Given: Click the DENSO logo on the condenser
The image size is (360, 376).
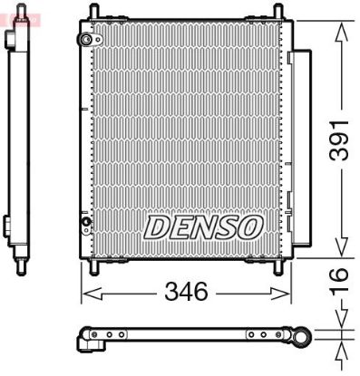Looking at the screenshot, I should click(x=202, y=226).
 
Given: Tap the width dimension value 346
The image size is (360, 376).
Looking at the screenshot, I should click(x=187, y=292).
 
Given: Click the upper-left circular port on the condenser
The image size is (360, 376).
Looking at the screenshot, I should click(x=87, y=39).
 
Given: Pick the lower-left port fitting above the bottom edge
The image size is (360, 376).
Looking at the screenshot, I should click(x=87, y=223).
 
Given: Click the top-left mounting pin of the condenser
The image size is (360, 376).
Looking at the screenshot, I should click(x=91, y=11).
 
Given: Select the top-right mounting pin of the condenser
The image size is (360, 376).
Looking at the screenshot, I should click(x=275, y=11).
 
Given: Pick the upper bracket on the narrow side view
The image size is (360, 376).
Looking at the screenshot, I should click(x=10, y=41).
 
